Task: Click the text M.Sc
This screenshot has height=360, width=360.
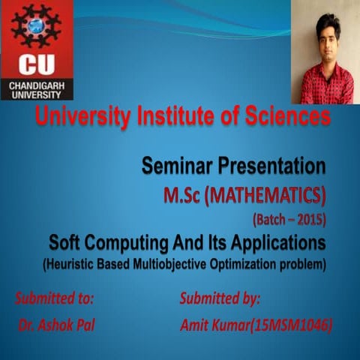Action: (x=184, y=196)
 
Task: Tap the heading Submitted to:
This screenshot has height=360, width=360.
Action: (x=54, y=298)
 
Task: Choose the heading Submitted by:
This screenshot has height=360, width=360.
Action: (x=220, y=298)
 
